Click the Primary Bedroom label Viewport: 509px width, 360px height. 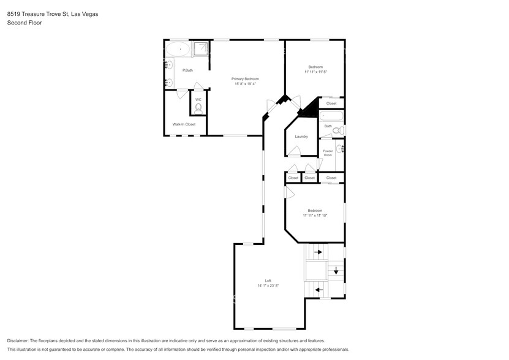[244, 79]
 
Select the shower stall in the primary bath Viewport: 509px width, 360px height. [202, 50]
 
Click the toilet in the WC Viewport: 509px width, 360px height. [198, 108]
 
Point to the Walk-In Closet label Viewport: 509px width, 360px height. [184, 124]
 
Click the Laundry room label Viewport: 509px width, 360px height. [301, 136]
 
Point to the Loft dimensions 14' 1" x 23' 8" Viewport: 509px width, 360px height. [268, 285]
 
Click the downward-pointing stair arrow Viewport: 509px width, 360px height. [335, 270]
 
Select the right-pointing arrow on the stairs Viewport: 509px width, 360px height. [317, 251]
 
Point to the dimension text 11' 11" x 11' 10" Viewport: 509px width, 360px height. [315, 216]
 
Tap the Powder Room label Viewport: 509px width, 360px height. [328, 152]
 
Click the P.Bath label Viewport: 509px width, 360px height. [187, 70]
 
